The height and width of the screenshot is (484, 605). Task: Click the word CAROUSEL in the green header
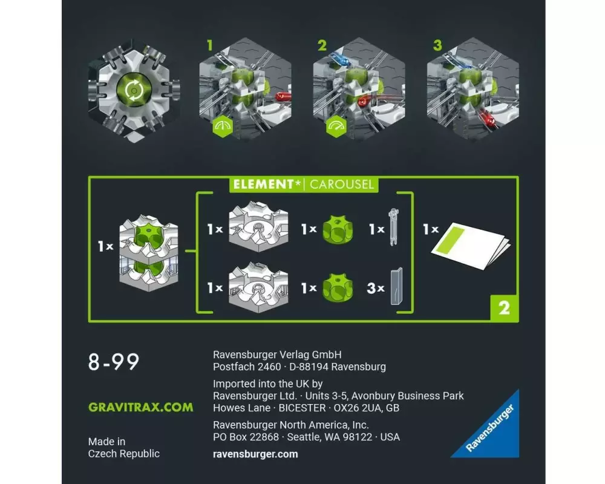(342, 184)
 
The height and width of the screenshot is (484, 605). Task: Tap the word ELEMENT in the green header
(264, 184)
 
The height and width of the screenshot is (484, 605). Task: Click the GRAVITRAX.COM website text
(140, 407)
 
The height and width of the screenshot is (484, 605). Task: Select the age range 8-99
(114, 362)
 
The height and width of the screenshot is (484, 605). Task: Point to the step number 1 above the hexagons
(209, 45)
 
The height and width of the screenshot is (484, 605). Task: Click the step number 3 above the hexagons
(437, 45)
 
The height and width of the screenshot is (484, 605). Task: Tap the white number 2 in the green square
(504, 307)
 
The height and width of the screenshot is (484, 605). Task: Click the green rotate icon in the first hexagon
(134, 91)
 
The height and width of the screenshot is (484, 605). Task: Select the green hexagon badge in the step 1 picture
(223, 126)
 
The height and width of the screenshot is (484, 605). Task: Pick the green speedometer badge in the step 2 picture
(336, 126)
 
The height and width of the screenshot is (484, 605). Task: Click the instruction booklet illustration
(471, 246)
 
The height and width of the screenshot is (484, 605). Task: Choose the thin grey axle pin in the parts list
(394, 227)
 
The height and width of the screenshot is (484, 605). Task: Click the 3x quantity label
(376, 288)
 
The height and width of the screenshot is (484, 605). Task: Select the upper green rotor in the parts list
(338, 229)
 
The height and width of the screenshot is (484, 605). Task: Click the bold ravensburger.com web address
(255, 454)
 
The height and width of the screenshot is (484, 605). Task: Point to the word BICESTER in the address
(302, 408)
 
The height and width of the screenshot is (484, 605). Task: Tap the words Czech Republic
(124, 454)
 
